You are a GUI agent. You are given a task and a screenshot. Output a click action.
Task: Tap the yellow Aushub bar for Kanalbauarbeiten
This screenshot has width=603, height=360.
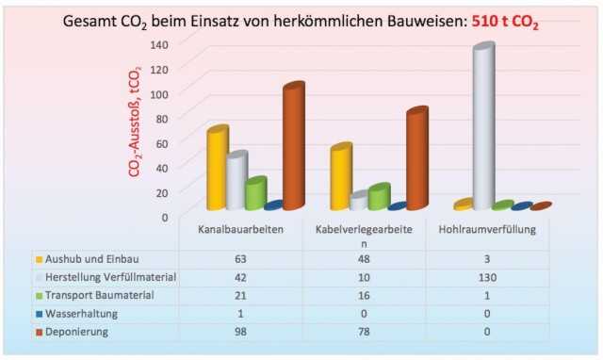218,169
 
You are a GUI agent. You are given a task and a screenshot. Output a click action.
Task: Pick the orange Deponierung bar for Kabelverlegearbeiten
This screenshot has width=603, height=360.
416,159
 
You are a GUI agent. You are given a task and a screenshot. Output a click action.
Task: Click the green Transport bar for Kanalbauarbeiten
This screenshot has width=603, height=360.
254,194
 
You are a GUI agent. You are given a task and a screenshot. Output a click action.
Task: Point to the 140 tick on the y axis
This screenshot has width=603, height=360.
157,44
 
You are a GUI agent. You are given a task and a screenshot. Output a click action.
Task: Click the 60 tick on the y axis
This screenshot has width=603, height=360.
160,142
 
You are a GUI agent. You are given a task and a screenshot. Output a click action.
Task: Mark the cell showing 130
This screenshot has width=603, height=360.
487,277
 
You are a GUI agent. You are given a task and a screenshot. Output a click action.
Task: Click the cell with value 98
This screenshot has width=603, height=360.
241,332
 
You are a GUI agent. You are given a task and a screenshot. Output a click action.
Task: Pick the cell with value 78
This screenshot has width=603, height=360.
365,332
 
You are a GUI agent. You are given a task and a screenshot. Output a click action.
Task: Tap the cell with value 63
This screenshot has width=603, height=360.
241,258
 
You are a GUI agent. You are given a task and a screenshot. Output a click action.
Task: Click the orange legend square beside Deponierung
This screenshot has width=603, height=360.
40,333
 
